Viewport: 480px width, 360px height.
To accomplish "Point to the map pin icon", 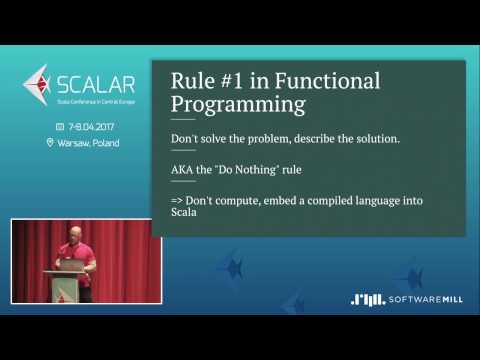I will pos(50,143).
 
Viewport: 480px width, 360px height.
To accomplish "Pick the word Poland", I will pos(106,143).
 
